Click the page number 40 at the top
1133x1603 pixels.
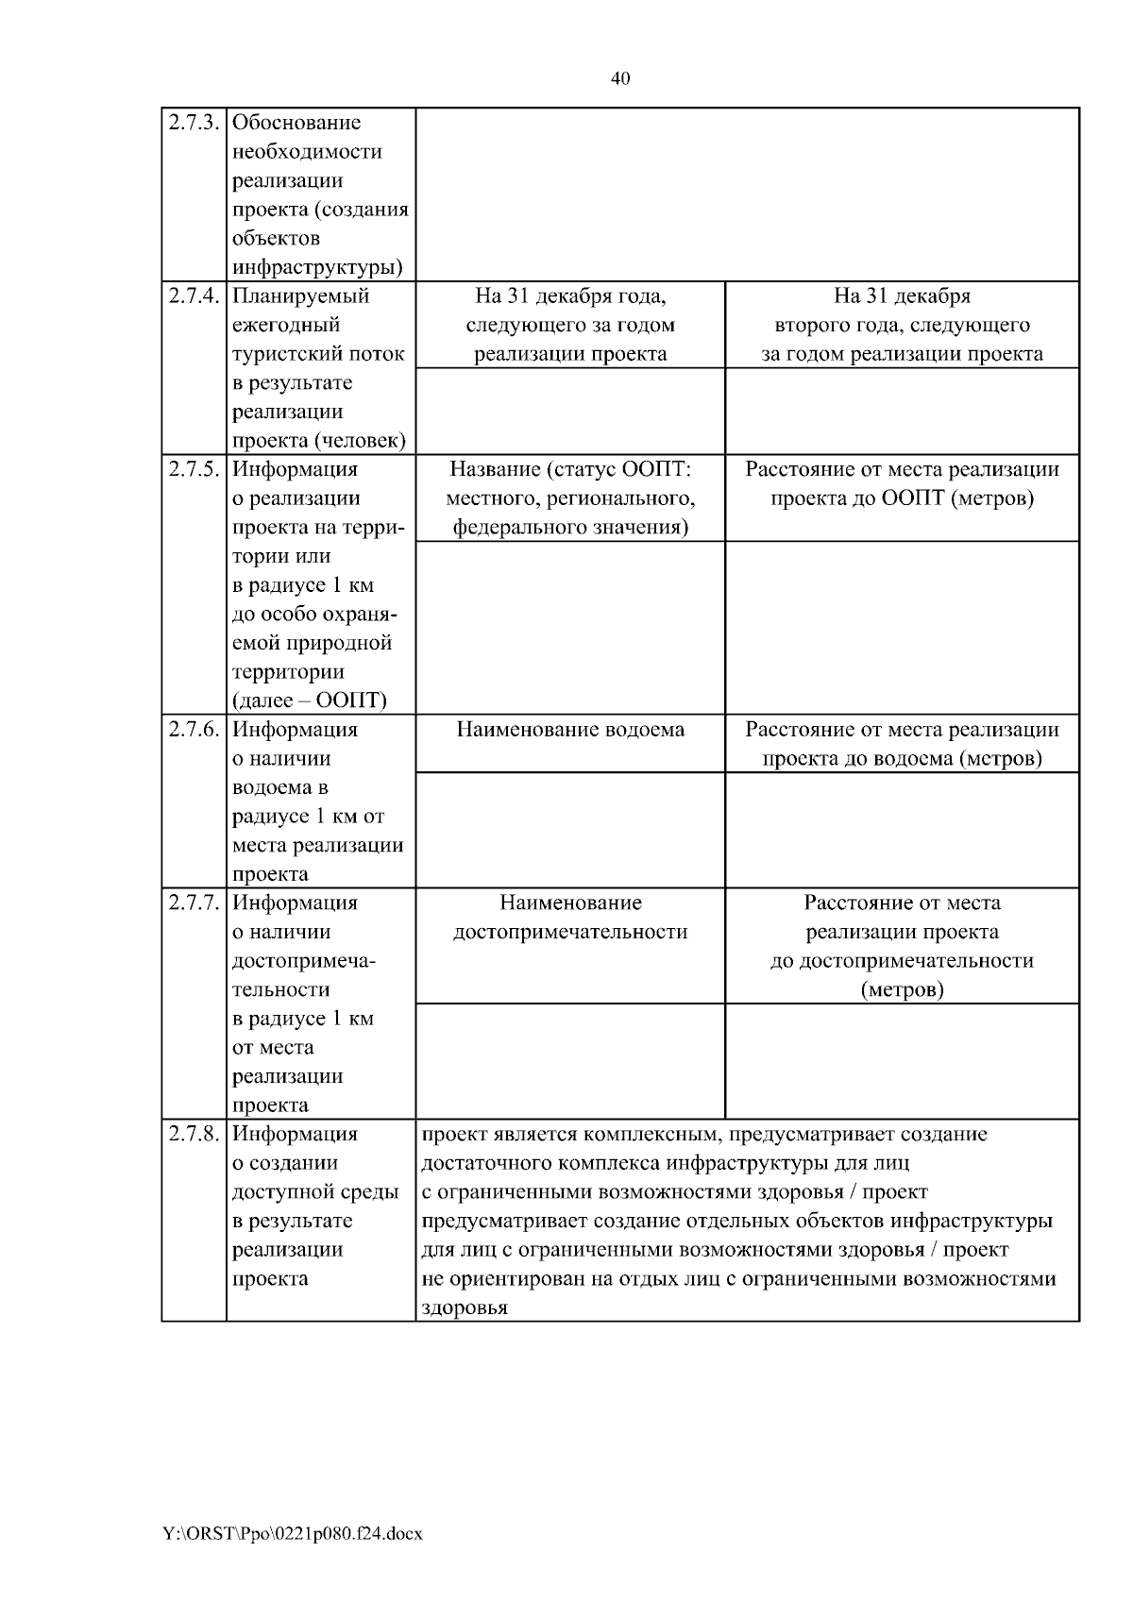click(x=620, y=78)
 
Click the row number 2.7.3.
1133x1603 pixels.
click(x=194, y=123)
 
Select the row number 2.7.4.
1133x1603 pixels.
click(x=194, y=296)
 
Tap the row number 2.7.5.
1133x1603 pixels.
click(x=194, y=469)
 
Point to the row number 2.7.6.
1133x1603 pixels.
click(x=194, y=730)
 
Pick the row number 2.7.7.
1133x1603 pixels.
click(x=194, y=903)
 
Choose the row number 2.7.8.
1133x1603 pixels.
click(x=194, y=1134)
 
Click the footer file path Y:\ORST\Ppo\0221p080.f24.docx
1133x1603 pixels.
click(x=293, y=1534)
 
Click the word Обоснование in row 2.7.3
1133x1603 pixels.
click(x=296, y=123)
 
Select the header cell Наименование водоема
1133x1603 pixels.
click(x=570, y=730)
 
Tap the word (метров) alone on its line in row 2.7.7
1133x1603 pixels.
click(x=902, y=989)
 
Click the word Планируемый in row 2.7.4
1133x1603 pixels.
click(x=300, y=296)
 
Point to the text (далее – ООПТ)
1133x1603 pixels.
click(x=310, y=700)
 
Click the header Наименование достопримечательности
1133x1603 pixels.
click(x=570, y=917)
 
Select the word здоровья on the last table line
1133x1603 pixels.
click(x=464, y=1308)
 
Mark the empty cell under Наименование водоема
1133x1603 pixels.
click(x=570, y=830)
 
